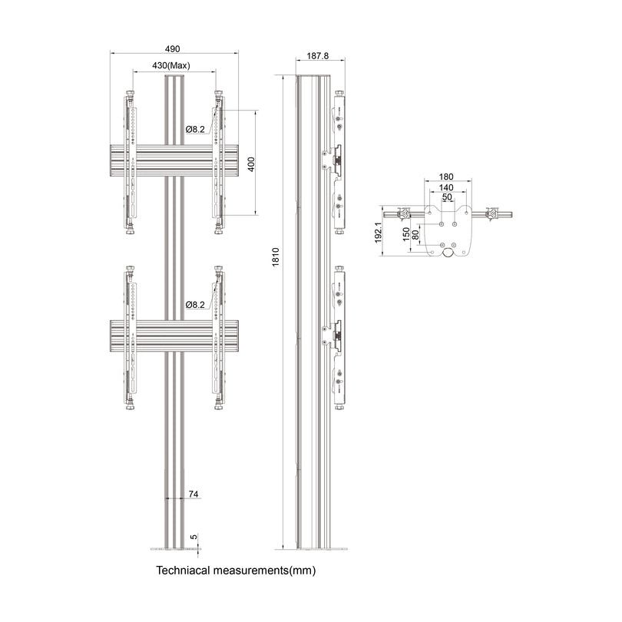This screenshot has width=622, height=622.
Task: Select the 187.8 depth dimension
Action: (316, 56)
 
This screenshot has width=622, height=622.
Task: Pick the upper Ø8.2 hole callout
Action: (195, 130)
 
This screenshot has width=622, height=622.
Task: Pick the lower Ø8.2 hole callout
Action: (195, 305)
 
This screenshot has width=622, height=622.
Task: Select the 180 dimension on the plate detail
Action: (446, 177)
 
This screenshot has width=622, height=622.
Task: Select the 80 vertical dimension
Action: (415, 237)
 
